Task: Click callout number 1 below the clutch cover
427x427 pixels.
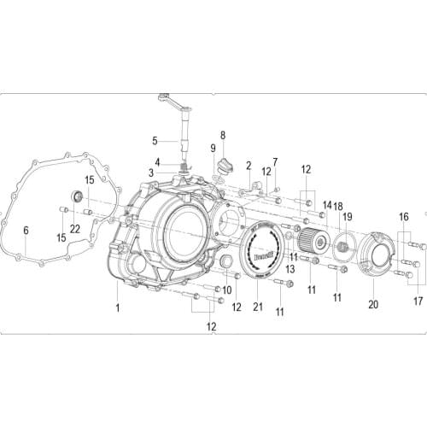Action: (117, 305)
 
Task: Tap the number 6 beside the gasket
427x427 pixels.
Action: (26, 231)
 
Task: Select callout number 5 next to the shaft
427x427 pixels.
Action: (155, 141)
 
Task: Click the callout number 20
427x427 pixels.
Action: (371, 304)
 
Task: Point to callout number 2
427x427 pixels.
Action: (249, 166)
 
